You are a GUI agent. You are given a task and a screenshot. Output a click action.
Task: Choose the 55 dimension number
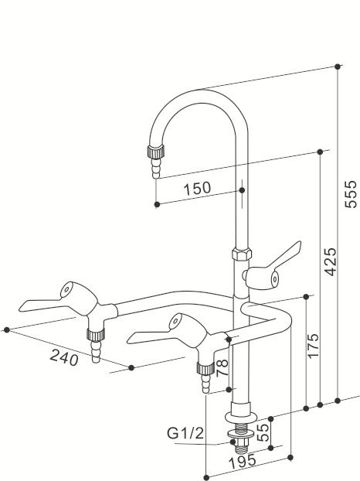[x=263, y=432]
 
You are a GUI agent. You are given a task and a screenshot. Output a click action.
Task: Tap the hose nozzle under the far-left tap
[x=95, y=348]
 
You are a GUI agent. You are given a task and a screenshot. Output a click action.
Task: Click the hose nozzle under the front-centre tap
[x=206, y=378]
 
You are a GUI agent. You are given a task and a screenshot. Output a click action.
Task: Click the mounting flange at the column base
[x=241, y=418]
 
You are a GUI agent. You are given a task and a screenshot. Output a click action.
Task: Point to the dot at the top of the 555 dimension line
[x=338, y=67]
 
